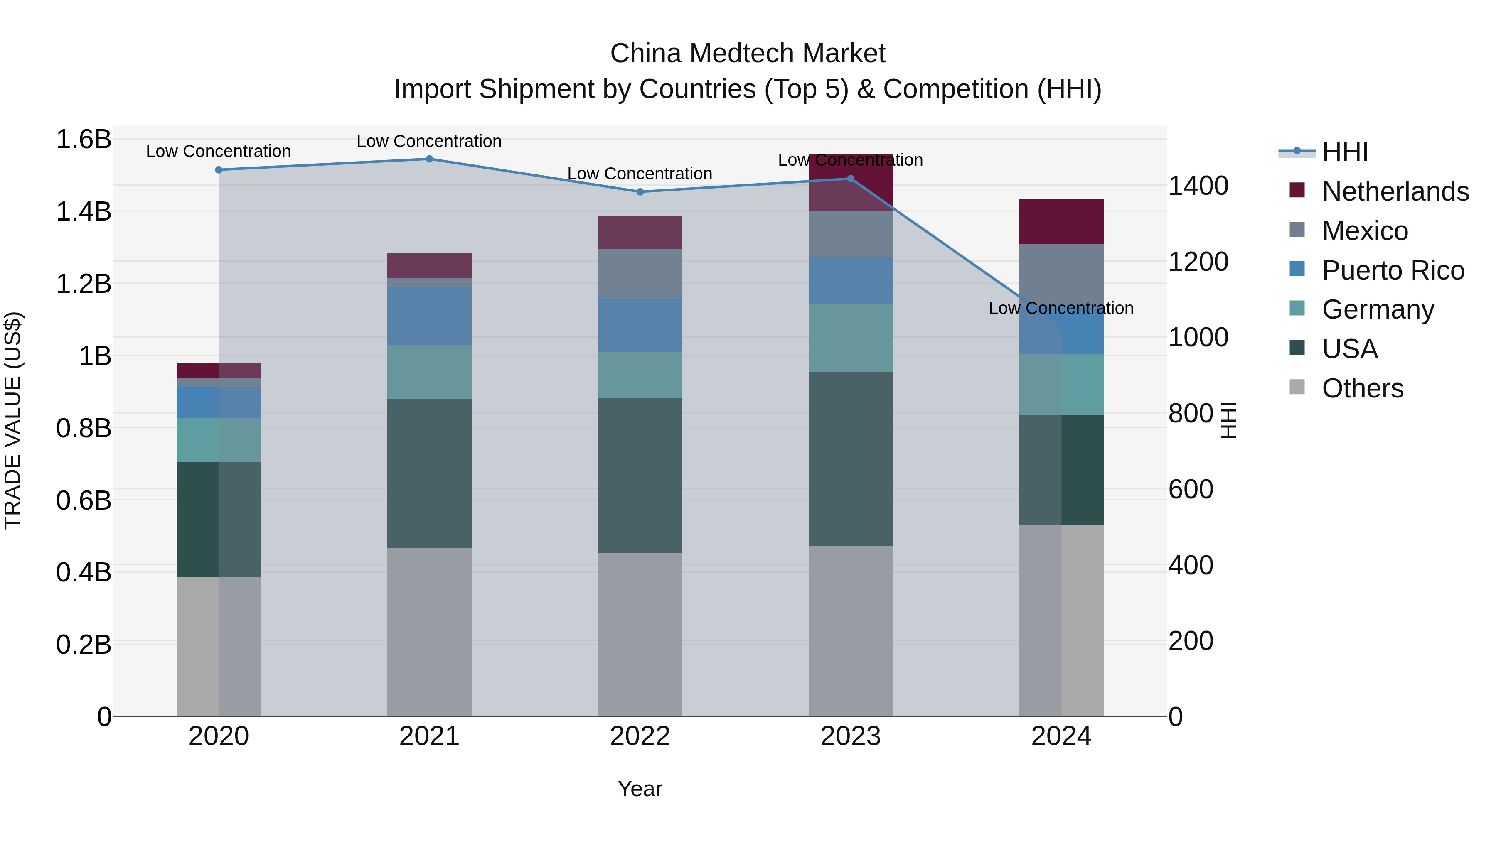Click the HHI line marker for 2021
click(429, 159)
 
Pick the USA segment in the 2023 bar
click(850, 459)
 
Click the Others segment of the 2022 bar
click(640, 634)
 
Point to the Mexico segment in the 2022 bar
click(640, 274)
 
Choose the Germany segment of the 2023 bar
click(850, 338)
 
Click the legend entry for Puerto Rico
click(1393, 270)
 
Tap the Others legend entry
click(1362, 388)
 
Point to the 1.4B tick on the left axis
click(84, 212)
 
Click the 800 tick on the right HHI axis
click(1191, 414)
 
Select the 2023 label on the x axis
click(850, 736)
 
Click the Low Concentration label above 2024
click(1060, 308)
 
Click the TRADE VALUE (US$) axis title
click(13, 420)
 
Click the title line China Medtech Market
click(748, 54)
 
